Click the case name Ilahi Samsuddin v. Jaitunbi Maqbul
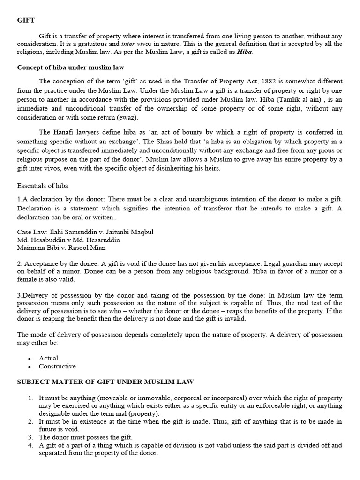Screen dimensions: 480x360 click(85, 232)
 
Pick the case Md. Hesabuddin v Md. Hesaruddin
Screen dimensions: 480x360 click(68, 240)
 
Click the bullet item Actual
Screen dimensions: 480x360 click(49, 358)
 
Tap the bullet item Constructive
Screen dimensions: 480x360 click(57, 366)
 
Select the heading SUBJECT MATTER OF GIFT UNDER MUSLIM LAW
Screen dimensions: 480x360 click(105, 382)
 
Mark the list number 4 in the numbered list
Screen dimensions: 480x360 click(30, 445)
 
